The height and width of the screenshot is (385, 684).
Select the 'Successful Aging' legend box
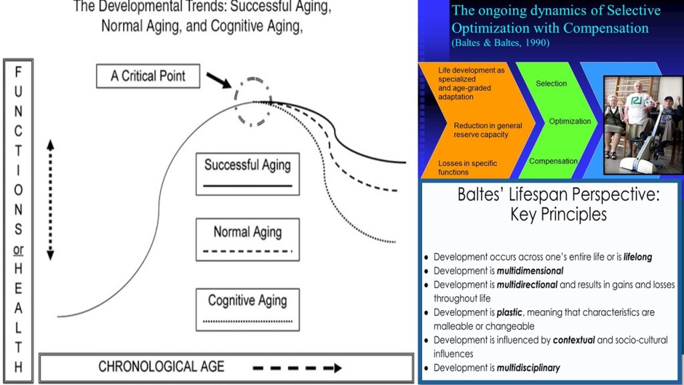(x=248, y=173)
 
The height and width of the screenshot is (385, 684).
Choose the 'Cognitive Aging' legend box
(x=248, y=309)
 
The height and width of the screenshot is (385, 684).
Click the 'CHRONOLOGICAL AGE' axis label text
(x=162, y=367)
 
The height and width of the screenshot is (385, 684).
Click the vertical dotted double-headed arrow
(x=50, y=201)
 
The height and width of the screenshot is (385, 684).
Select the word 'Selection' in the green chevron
(x=551, y=84)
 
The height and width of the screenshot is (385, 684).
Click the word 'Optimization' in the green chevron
(x=570, y=121)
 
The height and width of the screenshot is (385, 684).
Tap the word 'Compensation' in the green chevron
(x=553, y=161)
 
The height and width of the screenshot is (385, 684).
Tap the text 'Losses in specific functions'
(x=468, y=168)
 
